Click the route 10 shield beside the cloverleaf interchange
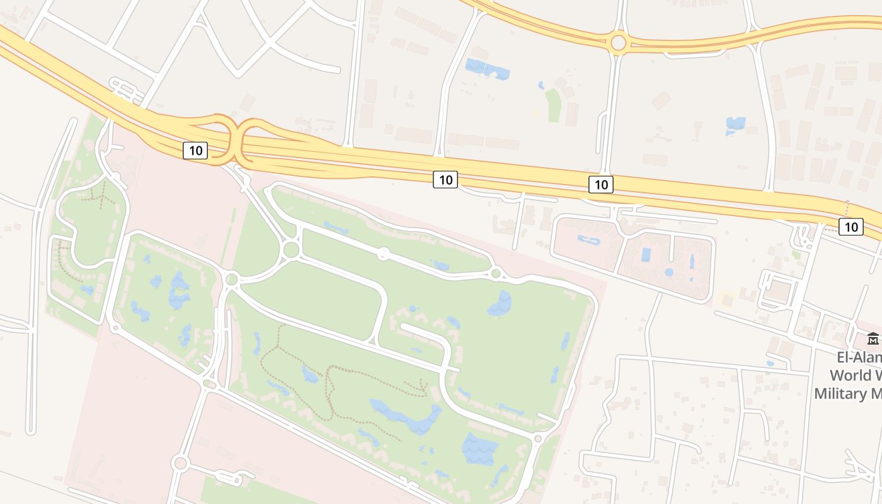click(195, 151)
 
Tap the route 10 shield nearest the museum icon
click(851, 227)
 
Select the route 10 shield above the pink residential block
click(601, 185)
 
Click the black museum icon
click(873, 339)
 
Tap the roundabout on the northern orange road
click(618, 43)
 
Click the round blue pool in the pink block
click(668, 273)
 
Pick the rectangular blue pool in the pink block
click(646, 255)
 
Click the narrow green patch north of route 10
click(553, 105)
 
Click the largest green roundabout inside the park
click(290, 249)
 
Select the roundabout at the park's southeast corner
click(537, 438)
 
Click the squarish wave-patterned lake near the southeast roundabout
click(480, 449)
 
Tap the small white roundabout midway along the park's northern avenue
click(382, 254)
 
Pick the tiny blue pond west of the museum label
click(770, 364)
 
